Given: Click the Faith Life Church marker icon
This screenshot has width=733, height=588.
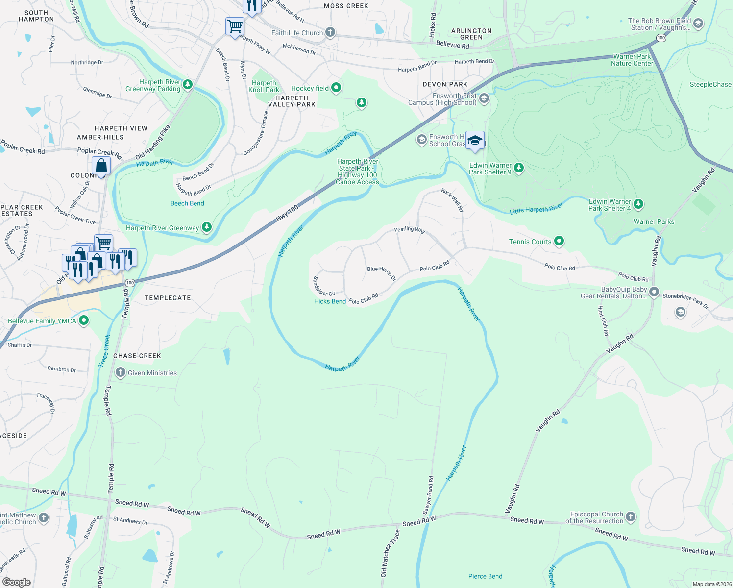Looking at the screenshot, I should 330,33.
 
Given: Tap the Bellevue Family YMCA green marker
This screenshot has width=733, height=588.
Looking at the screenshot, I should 84,321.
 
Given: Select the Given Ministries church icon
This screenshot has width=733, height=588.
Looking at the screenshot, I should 120,373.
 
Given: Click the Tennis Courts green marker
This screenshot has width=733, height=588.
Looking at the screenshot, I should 559,241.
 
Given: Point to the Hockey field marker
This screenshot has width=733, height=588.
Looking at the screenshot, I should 336,88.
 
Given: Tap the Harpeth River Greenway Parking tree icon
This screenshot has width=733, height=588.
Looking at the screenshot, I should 187,85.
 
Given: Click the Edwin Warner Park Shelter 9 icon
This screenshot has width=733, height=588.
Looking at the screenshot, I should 518,169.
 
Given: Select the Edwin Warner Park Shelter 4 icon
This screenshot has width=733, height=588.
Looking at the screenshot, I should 638,204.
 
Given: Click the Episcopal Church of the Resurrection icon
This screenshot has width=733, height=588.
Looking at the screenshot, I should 631,517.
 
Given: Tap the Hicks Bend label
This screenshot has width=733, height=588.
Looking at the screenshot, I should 330,301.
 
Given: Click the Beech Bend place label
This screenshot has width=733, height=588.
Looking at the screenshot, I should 187,203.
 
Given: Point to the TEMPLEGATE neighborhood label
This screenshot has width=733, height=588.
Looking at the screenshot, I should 168,298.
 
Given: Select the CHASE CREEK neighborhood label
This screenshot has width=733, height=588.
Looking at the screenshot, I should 137,356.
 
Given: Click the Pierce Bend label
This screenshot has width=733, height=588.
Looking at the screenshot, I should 485,576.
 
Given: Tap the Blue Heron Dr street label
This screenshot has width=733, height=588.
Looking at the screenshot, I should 381,273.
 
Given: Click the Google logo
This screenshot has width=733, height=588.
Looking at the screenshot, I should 16,582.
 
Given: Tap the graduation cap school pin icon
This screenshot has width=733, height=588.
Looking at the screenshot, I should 475,141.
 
